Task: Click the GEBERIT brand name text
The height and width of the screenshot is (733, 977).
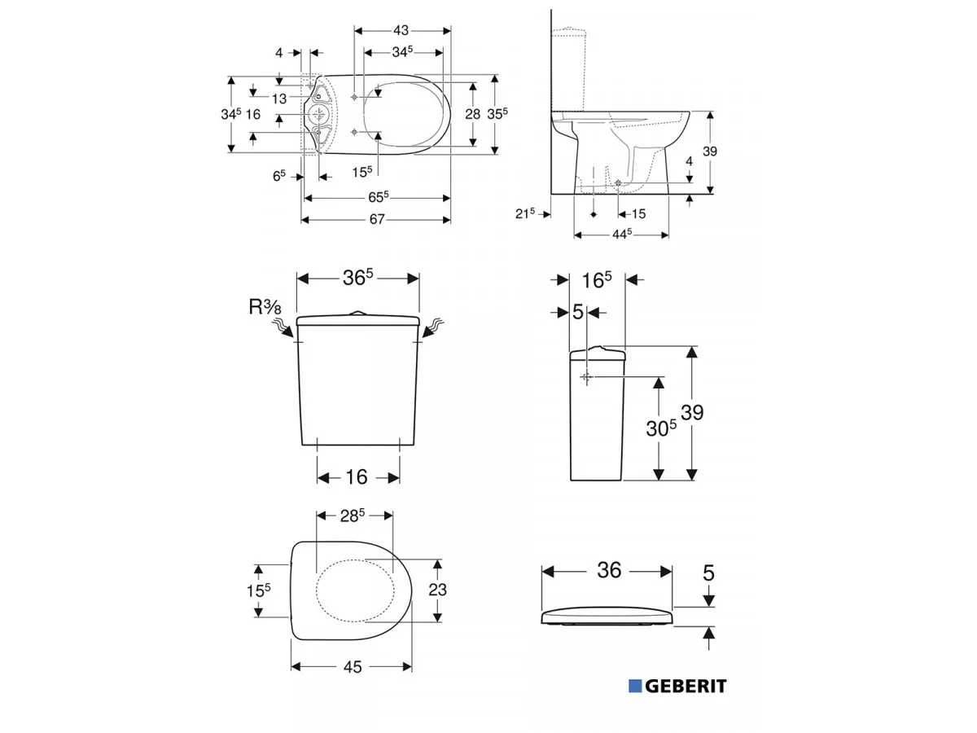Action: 686,686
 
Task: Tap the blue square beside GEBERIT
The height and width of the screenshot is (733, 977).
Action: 635,686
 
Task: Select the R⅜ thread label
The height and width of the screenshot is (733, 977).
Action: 265,307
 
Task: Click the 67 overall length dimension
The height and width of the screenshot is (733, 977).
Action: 377,219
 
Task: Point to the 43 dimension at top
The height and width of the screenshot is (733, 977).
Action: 401,30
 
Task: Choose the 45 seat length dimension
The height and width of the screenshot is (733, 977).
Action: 353,667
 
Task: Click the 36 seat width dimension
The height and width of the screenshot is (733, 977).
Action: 609,570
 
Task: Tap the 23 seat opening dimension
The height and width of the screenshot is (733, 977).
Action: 437,590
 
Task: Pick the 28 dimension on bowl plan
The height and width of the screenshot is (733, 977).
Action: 473,114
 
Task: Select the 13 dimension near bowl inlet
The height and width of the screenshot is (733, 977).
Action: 279,99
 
